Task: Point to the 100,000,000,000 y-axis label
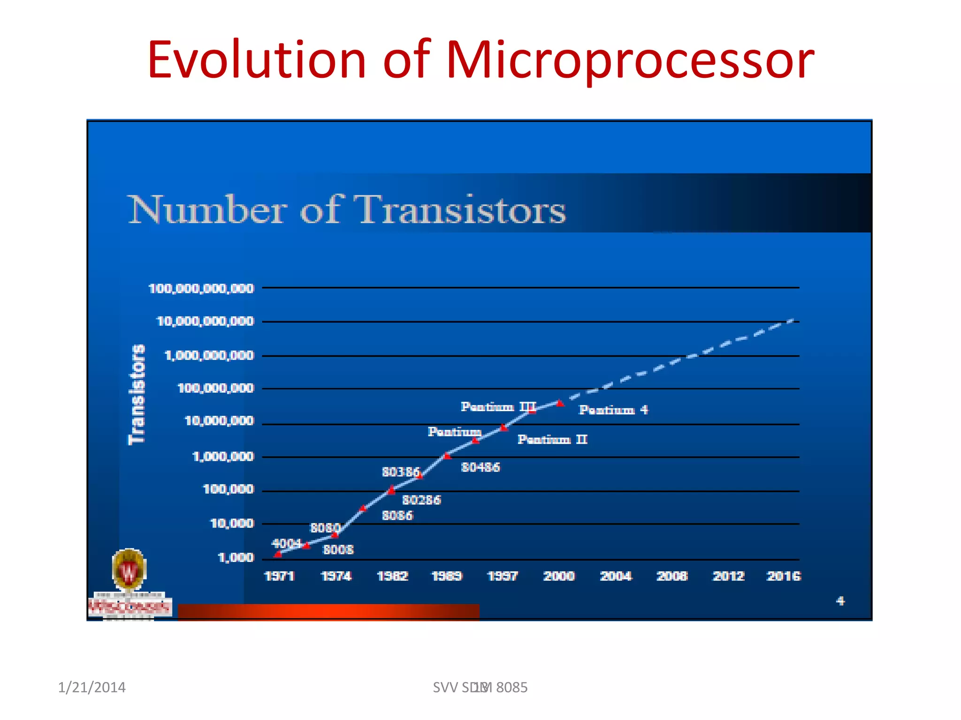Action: [201, 288]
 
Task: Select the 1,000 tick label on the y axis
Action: [236, 557]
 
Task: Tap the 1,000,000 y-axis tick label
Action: [223, 456]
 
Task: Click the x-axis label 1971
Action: [279, 576]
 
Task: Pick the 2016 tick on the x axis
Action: [783, 576]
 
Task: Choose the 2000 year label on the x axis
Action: [558, 576]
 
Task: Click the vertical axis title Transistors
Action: [137, 394]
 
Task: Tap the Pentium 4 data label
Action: [613, 410]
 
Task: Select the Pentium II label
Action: [552, 439]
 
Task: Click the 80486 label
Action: [480, 467]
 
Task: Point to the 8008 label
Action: [338, 549]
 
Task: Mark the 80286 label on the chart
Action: [421, 500]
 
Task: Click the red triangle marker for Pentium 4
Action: [560, 403]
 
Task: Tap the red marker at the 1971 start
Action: [278, 554]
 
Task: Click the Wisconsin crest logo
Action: [129, 570]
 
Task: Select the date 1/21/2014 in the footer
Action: [92, 687]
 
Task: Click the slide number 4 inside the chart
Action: [840, 600]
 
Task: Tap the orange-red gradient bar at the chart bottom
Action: [328, 612]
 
